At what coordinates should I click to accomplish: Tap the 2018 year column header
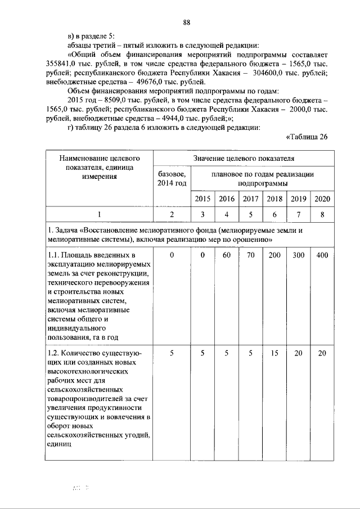click(274, 199)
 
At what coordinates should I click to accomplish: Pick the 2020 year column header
click(322, 199)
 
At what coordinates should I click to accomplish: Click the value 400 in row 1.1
click(322, 256)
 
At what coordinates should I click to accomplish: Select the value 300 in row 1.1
click(298, 256)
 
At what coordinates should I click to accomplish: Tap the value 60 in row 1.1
click(226, 256)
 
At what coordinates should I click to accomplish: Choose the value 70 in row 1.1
click(250, 256)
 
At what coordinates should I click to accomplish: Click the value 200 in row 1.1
click(274, 256)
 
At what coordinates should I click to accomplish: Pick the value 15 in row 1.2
click(274, 353)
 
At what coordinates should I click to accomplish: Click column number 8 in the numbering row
click(322, 214)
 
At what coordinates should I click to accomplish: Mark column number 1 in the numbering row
click(100, 214)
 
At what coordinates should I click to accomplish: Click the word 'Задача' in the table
click(69, 231)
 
